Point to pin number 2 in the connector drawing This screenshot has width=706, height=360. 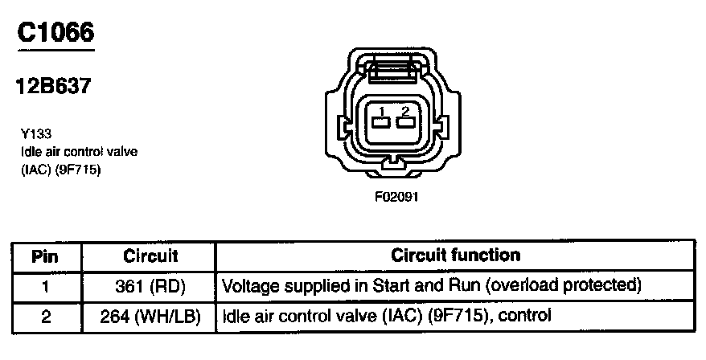tap(405, 110)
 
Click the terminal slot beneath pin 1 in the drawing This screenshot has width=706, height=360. tap(382, 123)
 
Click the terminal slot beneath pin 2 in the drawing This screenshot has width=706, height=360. tap(405, 123)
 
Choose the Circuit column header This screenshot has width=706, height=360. tap(150, 256)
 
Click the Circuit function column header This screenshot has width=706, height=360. tap(455, 256)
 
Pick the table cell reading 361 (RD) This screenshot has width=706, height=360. tap(150, 286)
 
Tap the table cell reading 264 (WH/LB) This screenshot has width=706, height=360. tap(150, 316)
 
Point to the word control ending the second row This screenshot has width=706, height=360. tap(524, 316)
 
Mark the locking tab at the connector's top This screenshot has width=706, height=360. tap(394, 70)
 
